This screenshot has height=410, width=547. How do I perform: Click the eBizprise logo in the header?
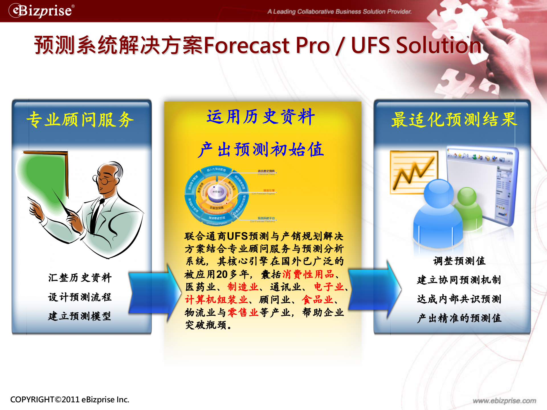42,11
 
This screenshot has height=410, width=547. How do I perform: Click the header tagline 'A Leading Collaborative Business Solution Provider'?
339,12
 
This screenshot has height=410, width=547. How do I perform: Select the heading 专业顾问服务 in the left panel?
80,120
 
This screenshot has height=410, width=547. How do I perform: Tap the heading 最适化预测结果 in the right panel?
454,120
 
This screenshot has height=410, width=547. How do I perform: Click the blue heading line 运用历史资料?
261,117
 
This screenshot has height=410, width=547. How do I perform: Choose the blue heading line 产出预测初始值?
261,150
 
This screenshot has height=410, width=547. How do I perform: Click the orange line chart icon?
414,172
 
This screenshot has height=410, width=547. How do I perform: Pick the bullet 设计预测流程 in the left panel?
80,297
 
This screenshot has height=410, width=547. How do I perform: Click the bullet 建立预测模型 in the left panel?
80,316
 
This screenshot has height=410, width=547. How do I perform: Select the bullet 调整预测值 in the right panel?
459,261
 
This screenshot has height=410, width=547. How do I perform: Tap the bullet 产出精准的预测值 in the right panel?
459,318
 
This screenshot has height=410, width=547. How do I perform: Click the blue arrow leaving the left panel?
154,293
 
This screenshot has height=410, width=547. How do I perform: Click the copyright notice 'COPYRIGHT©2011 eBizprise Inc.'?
70,400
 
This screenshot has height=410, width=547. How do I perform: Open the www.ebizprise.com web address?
504,401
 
